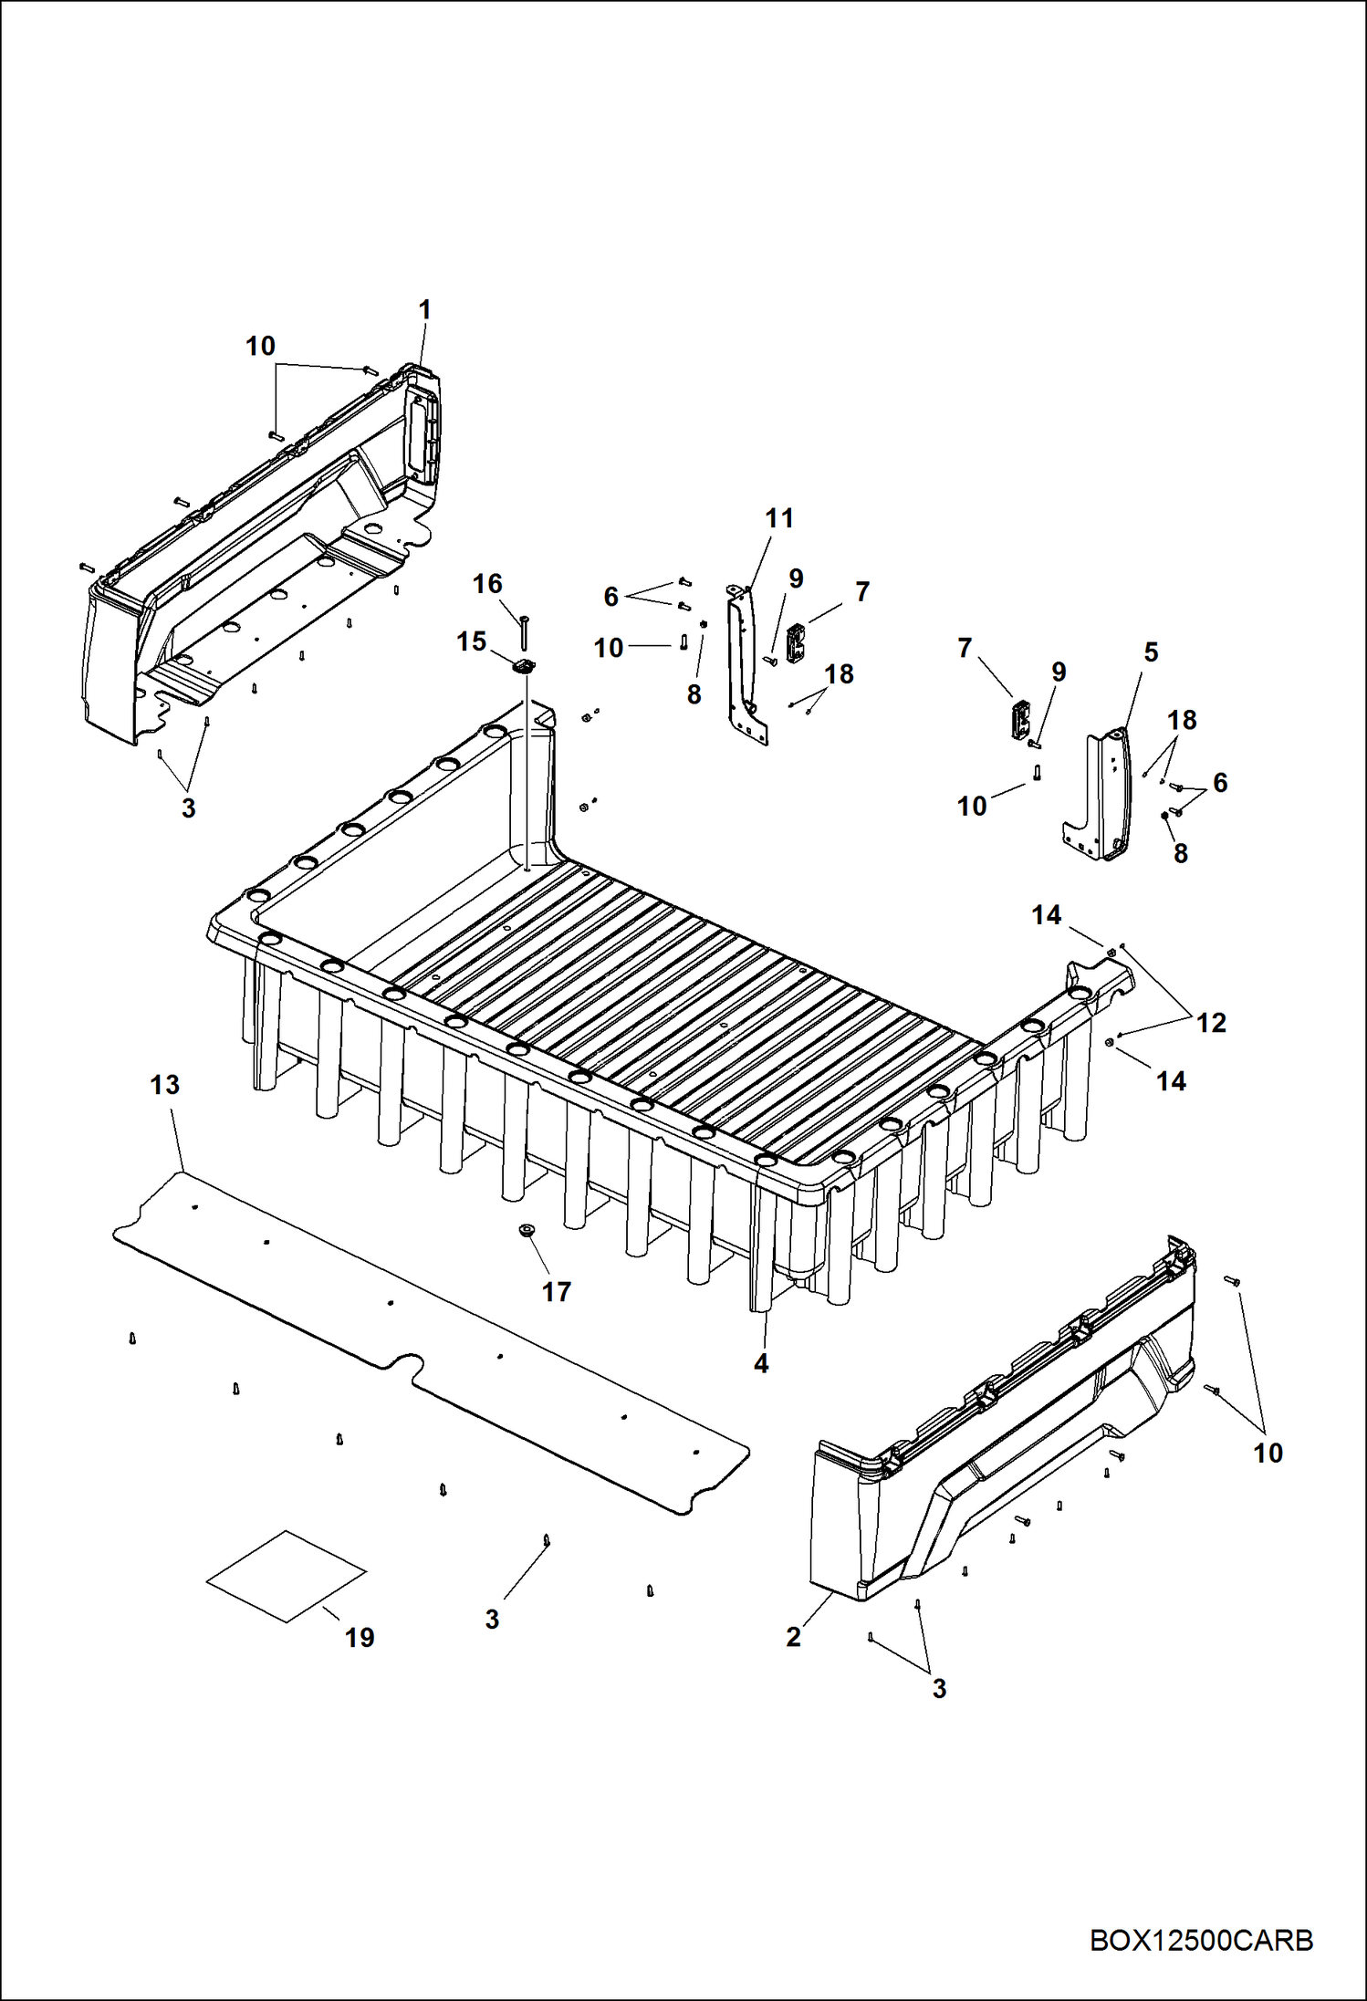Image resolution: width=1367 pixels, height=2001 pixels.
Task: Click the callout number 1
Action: pos(424,310)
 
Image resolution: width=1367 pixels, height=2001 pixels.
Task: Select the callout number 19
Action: pos(360,1637)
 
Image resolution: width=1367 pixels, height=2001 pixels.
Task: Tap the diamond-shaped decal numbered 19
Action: pos(287,1576)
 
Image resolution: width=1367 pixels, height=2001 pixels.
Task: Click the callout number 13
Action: pos(165,1085)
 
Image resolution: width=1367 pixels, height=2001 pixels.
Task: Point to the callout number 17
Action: pos(557,1291)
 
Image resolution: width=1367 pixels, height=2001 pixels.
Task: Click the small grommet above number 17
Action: pos(527,1231)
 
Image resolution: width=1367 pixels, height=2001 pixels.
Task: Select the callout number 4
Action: pos(761,1363)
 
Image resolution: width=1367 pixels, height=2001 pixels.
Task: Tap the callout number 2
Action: pos(793,1636)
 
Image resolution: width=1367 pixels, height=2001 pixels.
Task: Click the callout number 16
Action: pos(487,584)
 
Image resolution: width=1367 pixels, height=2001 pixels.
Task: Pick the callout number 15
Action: pos(471,642)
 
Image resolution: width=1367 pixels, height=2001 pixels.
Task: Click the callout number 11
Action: pos(779,518)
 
